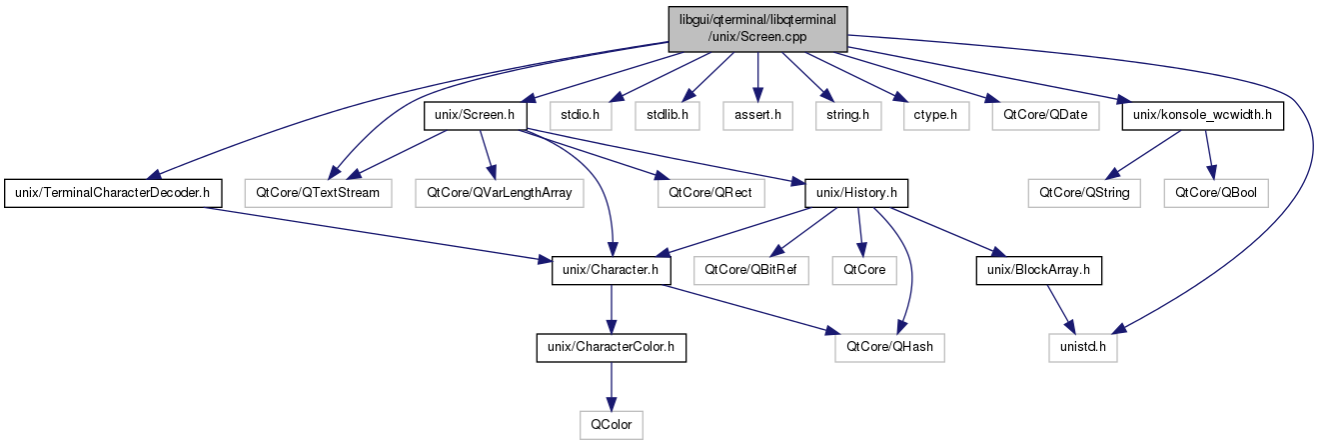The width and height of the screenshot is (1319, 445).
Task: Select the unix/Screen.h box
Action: pos(475,115)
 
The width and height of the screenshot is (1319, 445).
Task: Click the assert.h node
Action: pos(757,115)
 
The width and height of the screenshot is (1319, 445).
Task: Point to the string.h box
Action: pos(841,115)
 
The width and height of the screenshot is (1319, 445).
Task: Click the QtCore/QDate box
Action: pos(1039,115)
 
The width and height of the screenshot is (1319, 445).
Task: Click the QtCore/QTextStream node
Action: pos(318,191)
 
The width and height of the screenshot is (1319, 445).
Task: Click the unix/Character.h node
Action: pos(612,270)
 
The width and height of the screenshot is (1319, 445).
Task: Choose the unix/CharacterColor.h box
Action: pos(612,348)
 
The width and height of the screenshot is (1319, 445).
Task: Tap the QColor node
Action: pos(612,424)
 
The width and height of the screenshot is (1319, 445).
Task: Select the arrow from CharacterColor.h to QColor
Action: pos(612,386)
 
